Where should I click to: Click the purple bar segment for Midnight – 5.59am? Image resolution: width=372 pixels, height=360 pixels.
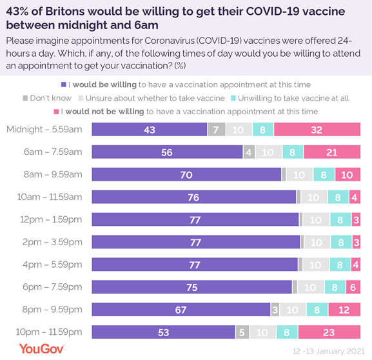tap(150, 129)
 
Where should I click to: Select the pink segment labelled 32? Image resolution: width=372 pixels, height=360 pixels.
tap(317, 129)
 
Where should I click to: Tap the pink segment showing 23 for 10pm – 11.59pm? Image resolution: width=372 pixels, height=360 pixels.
tap(329, 332)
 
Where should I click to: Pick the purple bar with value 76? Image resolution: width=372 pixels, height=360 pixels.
tap(193, 197)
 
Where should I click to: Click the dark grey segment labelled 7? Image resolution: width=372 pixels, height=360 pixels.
tap(217, 129)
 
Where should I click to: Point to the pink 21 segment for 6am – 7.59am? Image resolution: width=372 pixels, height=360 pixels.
tap(331, 152)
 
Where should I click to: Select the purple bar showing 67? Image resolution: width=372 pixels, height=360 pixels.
tap(181, 310)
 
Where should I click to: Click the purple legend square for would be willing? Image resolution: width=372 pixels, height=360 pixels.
tap(63, 85)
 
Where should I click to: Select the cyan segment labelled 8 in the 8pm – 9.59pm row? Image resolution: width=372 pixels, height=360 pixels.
tap(318, 310)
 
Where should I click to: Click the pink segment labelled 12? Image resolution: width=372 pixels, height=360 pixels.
tap(344, 310)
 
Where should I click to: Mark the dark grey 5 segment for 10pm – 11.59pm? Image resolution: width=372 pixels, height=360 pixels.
tap(242, 332)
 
